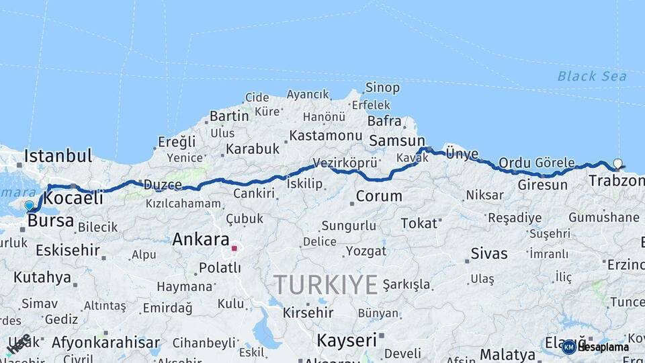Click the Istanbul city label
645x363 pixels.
click(x=58, y=156)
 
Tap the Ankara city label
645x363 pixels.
click(x=201, y=239)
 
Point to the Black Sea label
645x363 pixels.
click(x=592, y=76)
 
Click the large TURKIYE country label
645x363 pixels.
click(x=325, y=285)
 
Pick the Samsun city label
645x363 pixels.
click(x=396, y=140)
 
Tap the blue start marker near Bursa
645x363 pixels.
click(x=29, y=206)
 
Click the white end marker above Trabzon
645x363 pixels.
click(x=617, y=163)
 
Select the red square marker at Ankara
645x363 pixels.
click(x=234, y=248)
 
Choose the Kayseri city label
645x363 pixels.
click(x=346, y=339)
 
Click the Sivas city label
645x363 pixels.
click(x=488, y=253)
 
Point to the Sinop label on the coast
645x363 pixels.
click(x=382, y=88)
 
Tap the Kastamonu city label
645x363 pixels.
click(x=325, y=135)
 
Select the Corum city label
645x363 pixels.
click(x=379, y=196)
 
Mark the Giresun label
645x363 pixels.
click(x=542, y=184)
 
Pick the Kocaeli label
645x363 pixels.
click(x=73, y=198)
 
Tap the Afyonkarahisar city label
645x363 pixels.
click(x=105, y=342)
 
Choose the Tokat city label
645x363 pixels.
click(x=419, y=223)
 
